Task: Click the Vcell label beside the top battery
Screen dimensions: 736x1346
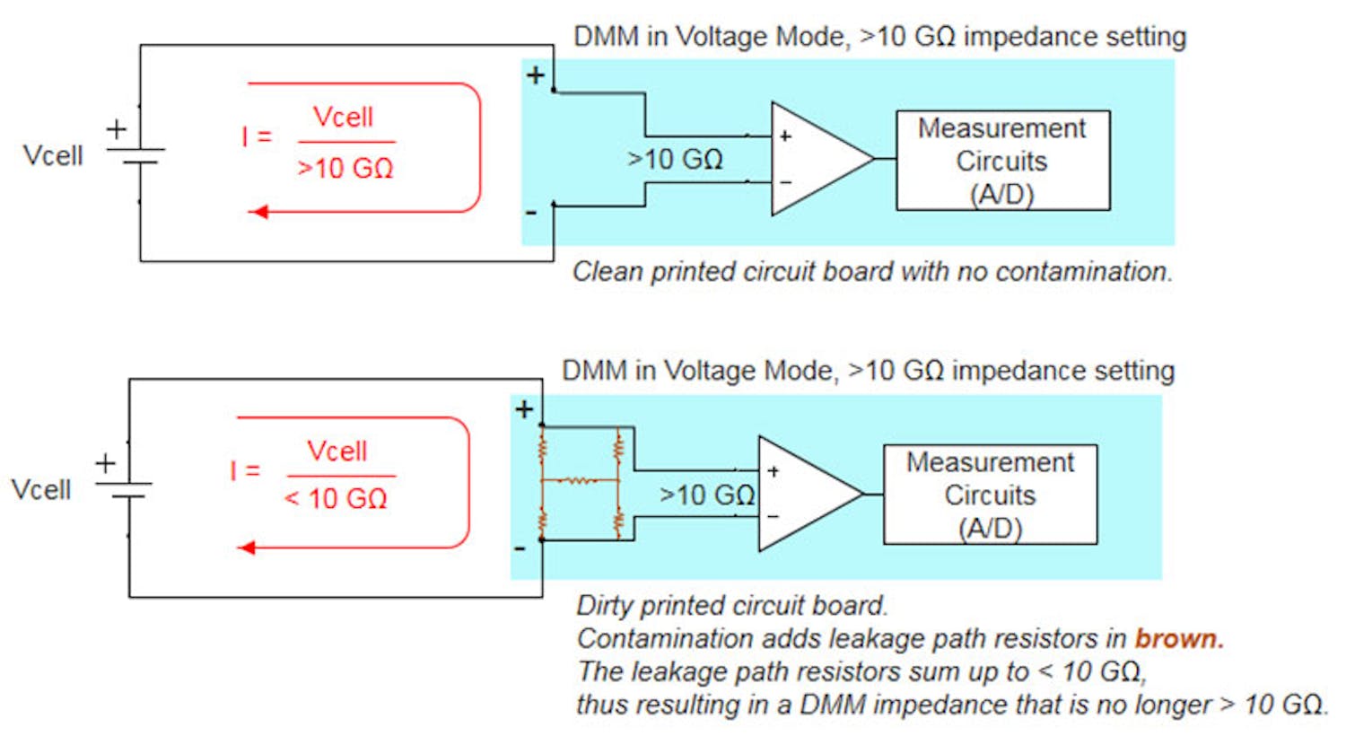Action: coord(52,155)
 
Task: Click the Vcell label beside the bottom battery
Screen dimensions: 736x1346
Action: coord(40,490)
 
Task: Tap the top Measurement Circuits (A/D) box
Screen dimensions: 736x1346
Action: coord(1002,161)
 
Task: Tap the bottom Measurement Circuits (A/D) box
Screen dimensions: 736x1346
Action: coord(990,495)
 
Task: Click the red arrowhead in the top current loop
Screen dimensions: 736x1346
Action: coord(258,212)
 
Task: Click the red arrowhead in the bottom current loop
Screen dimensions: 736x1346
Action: coord(247,548)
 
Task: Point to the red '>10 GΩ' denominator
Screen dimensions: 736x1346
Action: coord(345,168)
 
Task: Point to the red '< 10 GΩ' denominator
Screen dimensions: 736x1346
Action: coord(336,498)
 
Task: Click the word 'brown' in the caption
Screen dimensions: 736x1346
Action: coord(1178,638)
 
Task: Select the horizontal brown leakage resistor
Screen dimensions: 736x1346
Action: coord(580,481)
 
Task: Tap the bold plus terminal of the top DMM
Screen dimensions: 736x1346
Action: coord(536,75)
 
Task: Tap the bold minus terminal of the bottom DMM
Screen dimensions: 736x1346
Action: coord(520,548)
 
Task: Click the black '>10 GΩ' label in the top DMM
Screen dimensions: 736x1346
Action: coord(675,159)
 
